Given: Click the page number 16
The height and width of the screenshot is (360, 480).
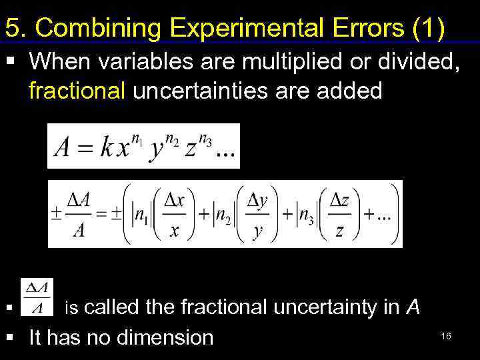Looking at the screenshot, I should point(446,336).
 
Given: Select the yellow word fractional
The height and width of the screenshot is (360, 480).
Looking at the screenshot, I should point(77,91).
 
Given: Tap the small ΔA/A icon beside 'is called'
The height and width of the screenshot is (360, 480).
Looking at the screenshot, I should point(37,297).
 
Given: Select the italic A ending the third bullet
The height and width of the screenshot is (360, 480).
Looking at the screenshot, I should point(413,307).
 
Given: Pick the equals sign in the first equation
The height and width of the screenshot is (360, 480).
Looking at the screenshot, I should point(84,148).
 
